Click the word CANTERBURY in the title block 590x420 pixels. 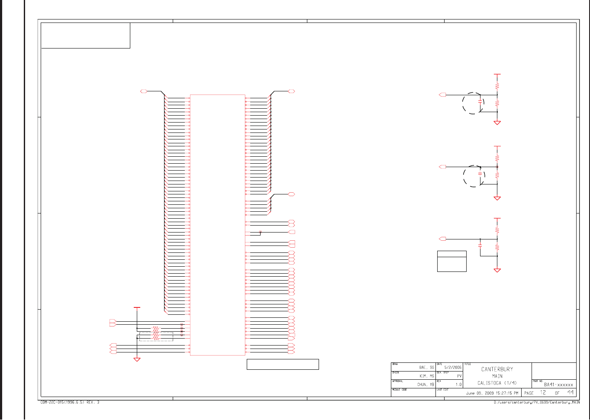(x=497, y=369)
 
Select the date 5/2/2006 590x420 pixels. (x=453, y=368)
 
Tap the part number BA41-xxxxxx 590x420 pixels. (x=558, y=384)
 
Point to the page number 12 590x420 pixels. (x=543, y=393)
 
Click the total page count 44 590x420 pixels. (x=571, y=393)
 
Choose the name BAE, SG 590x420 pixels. (x=426, y=368)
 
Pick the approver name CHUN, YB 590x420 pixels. (x=426, y=384)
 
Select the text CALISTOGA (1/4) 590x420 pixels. (x=497, y=383)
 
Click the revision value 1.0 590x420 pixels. (x=458, y=384)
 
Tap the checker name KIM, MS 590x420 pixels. (x=426, y=376)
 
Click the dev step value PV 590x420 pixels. (x=459, y=376)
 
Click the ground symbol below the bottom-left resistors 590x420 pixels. (x=137, y=359)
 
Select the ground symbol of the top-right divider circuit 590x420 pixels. (x=497, y=123)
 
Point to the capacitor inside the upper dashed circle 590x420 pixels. (x=480, y=101)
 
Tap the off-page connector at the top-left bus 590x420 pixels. (x=144, y=91)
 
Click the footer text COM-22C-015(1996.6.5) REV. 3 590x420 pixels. (x=70, y=402)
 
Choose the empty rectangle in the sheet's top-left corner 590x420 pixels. (x=85, y=36)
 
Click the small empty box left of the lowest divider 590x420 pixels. (x=451, y=261)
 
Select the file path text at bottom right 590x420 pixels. (x=537, y=403)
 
